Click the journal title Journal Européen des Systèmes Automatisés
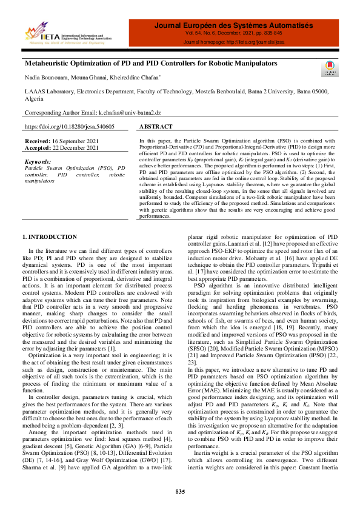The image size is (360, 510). (x=234, y=26)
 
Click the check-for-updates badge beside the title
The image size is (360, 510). (x=331, y=67)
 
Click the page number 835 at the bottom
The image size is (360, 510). (x=179, y=491)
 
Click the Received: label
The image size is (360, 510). (x=38, y=141)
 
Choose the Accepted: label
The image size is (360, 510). (x=38, y=147)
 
